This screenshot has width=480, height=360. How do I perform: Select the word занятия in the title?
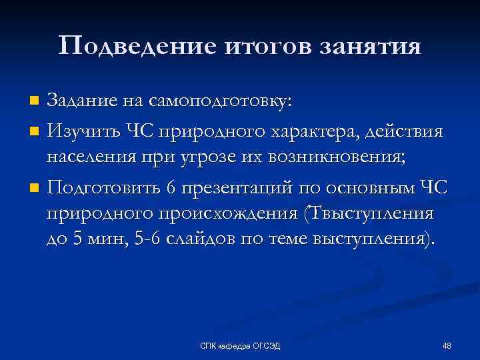tap(370, 46)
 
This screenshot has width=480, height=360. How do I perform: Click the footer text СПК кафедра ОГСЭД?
tap(241, 345)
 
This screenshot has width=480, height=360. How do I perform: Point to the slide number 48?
tap(447, 345)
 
